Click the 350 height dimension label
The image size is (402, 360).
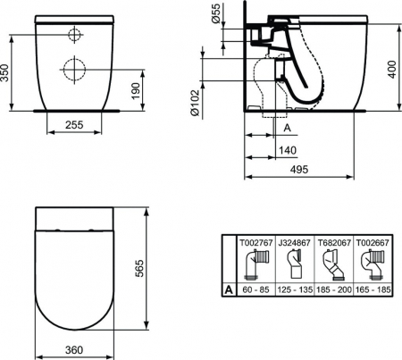click(x=4, y=72)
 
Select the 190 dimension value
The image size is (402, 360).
click(x=136, y=91)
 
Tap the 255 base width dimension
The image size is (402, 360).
click(x=74, y=125)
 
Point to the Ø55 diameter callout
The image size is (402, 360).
click(x=215, y=13)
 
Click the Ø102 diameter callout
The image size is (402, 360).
click(x=195, y=103)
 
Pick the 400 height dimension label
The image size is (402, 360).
click(x=393, y=70)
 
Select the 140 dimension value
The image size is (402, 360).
click(x=288, y=150)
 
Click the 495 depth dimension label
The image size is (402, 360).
click(x=299, y=170)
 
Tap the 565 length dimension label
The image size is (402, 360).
click(x=139, y=268)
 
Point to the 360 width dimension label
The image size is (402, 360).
click(x=74, y=349)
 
